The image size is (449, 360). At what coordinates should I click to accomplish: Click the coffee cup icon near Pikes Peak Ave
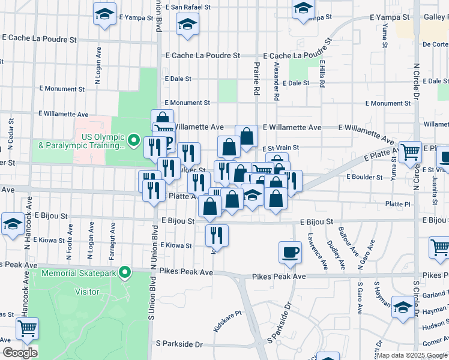click(x=291, y=252)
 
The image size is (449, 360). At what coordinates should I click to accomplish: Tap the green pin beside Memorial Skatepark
click(x=125, y=273)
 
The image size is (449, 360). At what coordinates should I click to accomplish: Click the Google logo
click(x=20, y=353)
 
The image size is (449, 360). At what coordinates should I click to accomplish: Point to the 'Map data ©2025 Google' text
click(x=411, y=355)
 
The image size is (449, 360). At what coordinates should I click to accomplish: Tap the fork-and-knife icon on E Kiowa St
click(x=217, y=235)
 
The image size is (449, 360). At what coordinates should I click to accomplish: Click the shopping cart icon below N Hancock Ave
click(x=27, y=329)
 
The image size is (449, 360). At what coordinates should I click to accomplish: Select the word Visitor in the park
click(x=86, y=292)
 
